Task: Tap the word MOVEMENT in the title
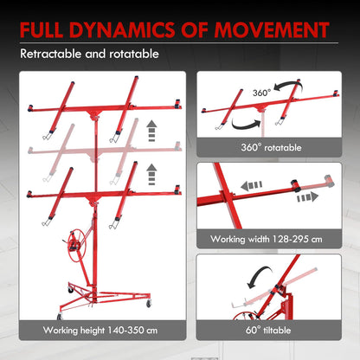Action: pos(272,29)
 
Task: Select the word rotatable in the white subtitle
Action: pos(134,54)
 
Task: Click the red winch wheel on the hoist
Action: pos(77,246)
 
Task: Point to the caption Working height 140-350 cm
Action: pos(100,330)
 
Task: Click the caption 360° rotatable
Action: pos(271,147)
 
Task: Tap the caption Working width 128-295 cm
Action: pos(267,239)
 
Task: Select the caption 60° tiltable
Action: pos(268,330)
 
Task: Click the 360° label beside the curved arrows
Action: pos(261,93)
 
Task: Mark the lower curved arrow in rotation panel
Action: pos(245,125)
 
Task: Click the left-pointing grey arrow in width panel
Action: pos(252,185)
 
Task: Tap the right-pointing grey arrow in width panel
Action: pos(307,197)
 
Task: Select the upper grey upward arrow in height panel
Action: pos(151,132)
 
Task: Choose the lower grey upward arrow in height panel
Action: pos(151,175)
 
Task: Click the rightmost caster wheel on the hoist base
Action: pos(149,303)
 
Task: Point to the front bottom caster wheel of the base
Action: pos(60,316)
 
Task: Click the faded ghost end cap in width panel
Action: pos(329,180)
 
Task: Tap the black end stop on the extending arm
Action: pos(295,185)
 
